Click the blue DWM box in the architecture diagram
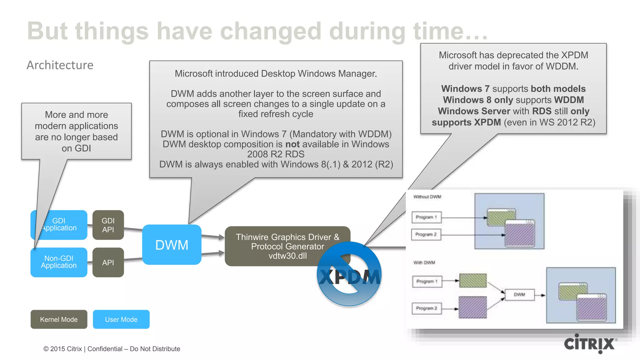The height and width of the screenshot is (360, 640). click(172, 245)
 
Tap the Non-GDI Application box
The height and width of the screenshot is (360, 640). click(59, 262)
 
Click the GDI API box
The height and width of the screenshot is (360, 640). click(108, 225)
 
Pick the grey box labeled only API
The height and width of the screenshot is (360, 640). click(108, 262)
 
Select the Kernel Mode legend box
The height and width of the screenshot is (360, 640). click(59, 319)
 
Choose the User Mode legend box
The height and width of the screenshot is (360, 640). click(121, 319)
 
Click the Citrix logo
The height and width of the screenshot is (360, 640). click(590, 344)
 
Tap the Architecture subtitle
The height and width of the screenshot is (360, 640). click(60, 65)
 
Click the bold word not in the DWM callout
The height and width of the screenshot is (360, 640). click(292, 144)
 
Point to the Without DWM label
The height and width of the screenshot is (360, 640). click(427, 197)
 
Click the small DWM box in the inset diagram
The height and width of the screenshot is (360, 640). click(519, 295)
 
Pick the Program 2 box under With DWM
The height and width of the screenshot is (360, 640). click(427, 308)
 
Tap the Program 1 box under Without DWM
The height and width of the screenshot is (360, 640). click(426, 217)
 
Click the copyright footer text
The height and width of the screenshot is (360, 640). click(112, 349)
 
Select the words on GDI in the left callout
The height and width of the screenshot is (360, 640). click(76, 148)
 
